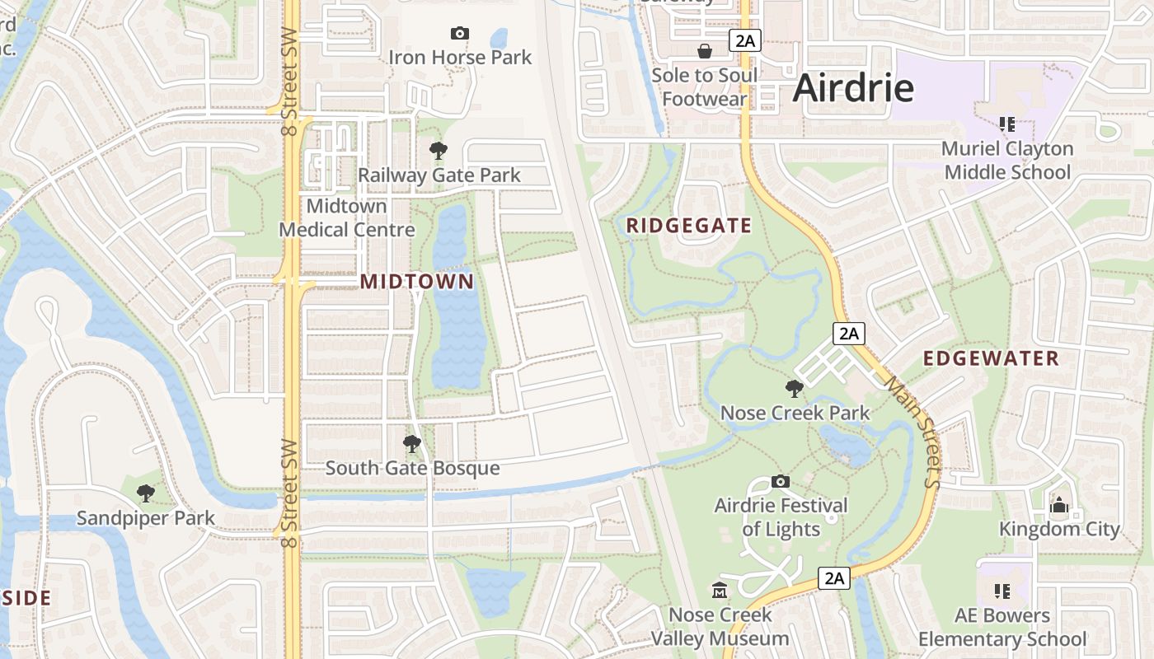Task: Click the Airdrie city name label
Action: (853, 88)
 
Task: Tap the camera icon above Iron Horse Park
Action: (460, 34)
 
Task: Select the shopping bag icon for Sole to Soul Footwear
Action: (705, 52)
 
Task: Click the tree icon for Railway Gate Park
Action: (439, 151)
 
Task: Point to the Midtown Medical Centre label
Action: (347, 217)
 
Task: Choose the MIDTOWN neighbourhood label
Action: (417, 282)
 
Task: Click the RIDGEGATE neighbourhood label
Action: (689, 226)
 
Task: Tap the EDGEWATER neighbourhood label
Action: (991, 358)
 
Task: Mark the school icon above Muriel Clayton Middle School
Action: (1006, 124)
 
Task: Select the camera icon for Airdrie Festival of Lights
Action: (781, 481)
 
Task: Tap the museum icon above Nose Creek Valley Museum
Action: (720, 591)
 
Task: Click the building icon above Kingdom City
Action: (1059, 505)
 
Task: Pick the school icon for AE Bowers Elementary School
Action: (1002, 591)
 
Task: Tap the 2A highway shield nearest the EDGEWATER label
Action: (849, 334)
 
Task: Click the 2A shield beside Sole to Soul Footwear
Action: (744, 40)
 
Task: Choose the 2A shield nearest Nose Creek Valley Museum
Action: (834, 578)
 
